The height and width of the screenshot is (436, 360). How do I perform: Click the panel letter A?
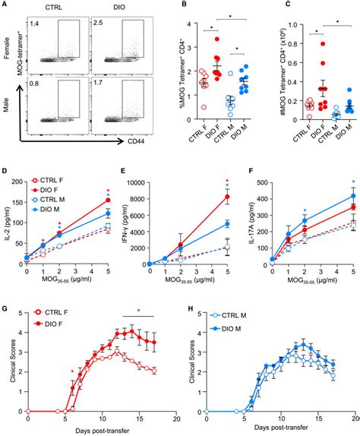(5, 5)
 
